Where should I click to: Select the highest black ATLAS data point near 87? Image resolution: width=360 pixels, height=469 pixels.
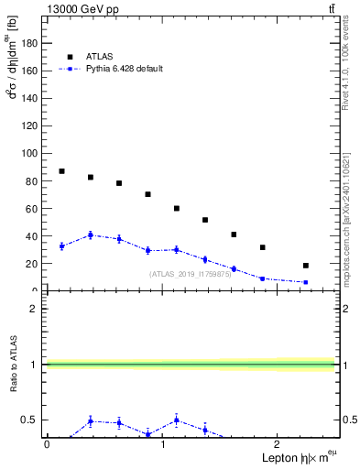(x=61, y=171)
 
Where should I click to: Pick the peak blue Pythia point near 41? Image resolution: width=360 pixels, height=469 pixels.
(x=91, y=235)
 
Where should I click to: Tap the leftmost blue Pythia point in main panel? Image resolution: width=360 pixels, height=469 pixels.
(x=61, y=245)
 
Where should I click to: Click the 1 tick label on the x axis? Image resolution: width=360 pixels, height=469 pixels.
(x=162, y=444)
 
